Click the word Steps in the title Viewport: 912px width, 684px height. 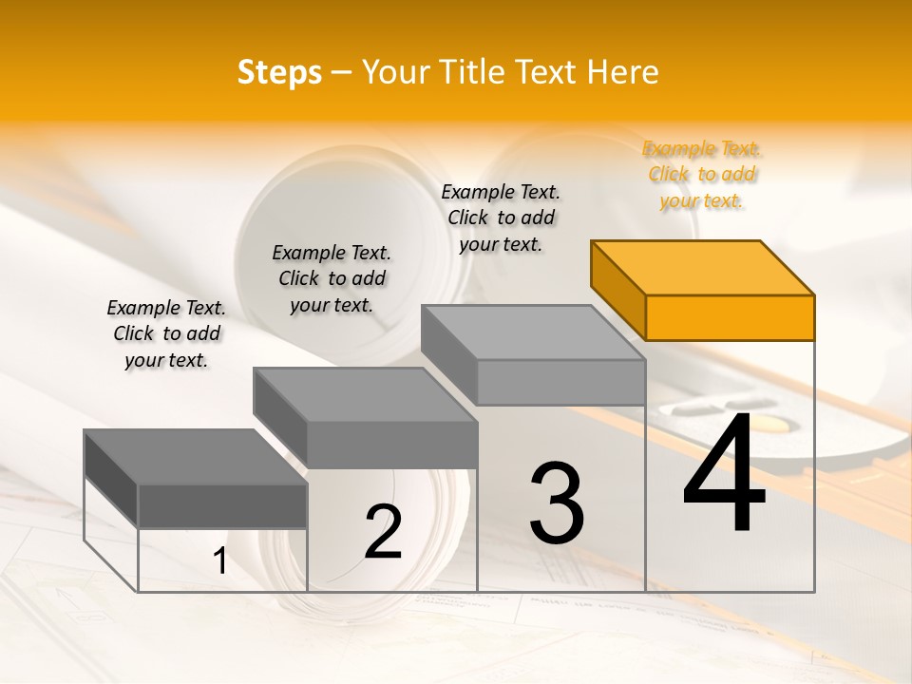(x=279, y=72)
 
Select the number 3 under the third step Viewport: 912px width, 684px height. (x=557, y=503)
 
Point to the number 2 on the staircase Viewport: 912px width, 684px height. (x=384, y=532)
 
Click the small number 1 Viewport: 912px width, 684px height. (x=220, y=561)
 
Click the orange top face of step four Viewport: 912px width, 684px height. (x=703, y=267)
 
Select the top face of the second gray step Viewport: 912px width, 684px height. (x=366, y=394)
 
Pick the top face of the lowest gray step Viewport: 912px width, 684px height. (x=196, y=457)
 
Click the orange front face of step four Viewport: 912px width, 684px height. (x=730, y=317)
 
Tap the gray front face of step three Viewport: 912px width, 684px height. (x=560, y=382)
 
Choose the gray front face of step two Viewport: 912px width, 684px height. (x=392, y=445)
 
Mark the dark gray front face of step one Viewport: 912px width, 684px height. (x=222, y=505)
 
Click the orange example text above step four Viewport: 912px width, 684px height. (x=701, y=175)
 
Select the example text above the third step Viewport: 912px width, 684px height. (x=501, y=218)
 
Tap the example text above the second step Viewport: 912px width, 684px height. (x=332, y=279)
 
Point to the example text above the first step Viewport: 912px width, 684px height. (x=166, y=334)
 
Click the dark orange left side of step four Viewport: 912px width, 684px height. (x=617, y=289)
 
